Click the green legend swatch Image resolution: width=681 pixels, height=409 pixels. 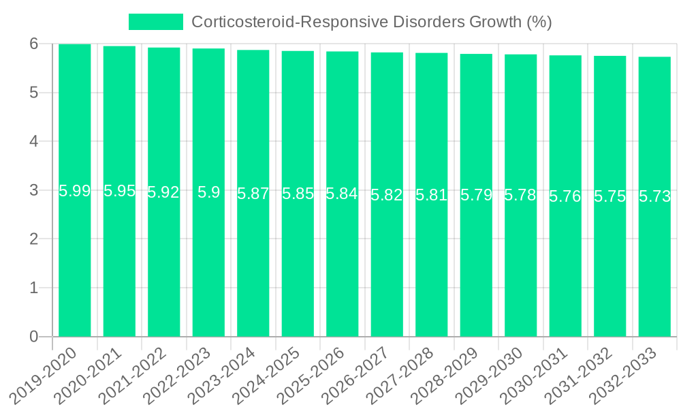pyautogui.click(x=156, y=22)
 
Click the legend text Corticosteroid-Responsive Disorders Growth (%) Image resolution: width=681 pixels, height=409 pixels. pyautogui.click(x=371, y=22)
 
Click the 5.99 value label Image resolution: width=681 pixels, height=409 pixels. pyautogui.click(x=75, y=192)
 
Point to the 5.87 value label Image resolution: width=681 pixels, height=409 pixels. pyautogui.click(x=253, y=194)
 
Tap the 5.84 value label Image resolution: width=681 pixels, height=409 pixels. pyautogui.click(x=343, y=194)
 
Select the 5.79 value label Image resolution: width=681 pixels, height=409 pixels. pyautogui.click(x=476, y=195)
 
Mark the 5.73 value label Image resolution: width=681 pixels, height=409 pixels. pyautogui.click(x=654, y=196)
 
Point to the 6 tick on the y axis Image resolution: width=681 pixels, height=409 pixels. pyautogui.click(x=33, y=44)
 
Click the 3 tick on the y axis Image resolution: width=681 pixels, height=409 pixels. pyautogui.click(x=33, y=190)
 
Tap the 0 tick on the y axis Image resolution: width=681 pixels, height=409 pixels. pyautogui.click(x=33, y=337)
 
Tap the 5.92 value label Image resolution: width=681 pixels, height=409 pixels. pyautogui.click(x=164, y=192)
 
